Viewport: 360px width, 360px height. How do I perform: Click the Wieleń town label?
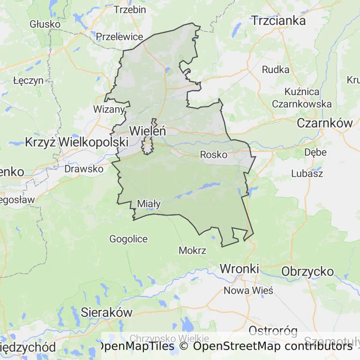point(148,131)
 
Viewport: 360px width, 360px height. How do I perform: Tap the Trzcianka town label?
point(278,21)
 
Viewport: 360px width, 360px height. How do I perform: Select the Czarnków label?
point(324,123)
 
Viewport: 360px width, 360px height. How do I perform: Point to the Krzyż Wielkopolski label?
point(76,142)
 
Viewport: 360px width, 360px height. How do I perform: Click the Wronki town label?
point(239,269)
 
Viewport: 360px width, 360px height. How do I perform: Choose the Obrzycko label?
point(307,271)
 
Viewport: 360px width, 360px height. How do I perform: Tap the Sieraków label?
point(107,312)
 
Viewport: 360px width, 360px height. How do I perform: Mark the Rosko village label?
point(214,154)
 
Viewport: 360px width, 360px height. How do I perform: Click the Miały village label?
point(149,204)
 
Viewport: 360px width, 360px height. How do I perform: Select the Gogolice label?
point(128,239)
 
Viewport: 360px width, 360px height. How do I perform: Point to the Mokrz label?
point(192,250)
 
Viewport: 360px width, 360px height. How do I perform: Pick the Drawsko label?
point(84,169)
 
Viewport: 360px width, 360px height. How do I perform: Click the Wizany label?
point(109,109)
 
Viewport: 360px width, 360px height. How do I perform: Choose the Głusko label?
point(45,23)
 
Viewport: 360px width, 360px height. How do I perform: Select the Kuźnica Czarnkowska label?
point(302,98)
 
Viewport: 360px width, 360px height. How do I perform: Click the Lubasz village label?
point(307,173)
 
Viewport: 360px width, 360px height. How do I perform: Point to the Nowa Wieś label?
point(248,291)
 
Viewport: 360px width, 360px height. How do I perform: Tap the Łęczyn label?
point(28,80)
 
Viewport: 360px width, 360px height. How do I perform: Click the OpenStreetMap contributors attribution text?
point(273,346)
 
